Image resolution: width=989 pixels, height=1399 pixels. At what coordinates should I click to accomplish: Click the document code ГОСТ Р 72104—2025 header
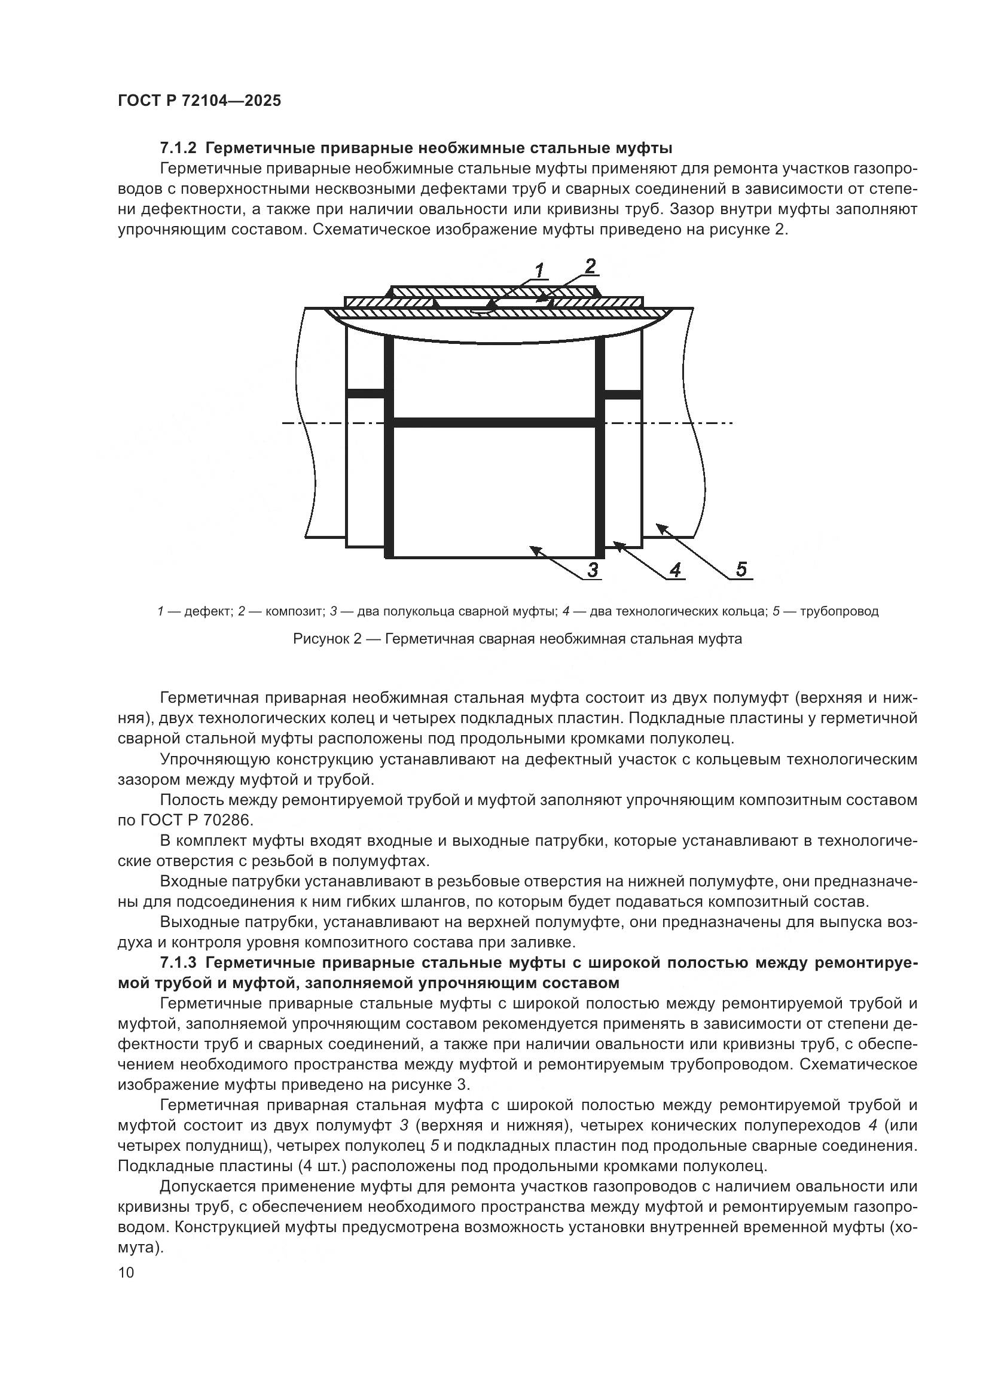(x=199, y=100)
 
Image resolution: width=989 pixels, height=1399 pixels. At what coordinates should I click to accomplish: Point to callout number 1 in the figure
(x=539, y=270)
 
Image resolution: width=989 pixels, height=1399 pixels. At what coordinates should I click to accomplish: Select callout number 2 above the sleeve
(x=590, y=266)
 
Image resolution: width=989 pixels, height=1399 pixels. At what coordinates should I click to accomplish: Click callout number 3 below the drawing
(x=592, y=570)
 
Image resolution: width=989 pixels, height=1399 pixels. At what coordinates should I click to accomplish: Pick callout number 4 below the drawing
(x=674, y=570)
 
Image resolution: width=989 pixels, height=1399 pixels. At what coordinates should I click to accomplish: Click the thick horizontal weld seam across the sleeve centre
(x=494, y=422)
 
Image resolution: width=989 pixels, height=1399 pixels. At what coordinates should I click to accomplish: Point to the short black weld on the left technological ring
(x=365, y=394)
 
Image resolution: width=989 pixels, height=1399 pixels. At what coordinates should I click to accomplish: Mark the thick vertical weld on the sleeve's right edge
(x=599, y=445)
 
